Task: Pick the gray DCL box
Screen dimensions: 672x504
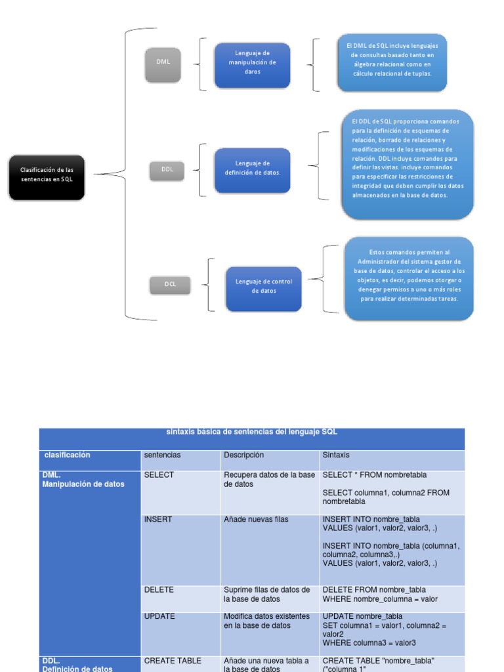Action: pyautogui.click(x=170, y=285)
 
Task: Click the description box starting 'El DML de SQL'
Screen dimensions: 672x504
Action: pyautogui.click(x=392, y=63)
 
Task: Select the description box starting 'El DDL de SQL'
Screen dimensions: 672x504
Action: pyautogui.click(x=407, y=164)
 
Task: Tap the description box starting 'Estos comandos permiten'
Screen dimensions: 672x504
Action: pyautogui.click(x=409, y=279)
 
